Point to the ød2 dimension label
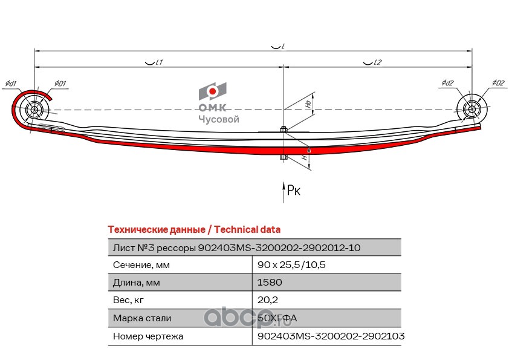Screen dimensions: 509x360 pos(447,83)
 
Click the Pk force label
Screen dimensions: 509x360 pos(293,191)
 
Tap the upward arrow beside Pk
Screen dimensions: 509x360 pos(284,190)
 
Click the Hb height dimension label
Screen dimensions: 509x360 pos(308,104)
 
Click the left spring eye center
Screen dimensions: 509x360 pos(34,111)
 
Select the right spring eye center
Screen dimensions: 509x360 pos(472,110)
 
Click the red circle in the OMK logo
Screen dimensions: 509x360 pos(213,91)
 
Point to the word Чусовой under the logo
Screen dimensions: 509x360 pos(219,119)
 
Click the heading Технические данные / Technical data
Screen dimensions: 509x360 pos(193,230)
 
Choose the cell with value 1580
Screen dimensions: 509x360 pos(270,283)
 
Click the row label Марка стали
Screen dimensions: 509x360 pos(142,318)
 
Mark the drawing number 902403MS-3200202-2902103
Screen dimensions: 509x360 pos(331,335)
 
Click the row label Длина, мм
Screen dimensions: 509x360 pos(137,283)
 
